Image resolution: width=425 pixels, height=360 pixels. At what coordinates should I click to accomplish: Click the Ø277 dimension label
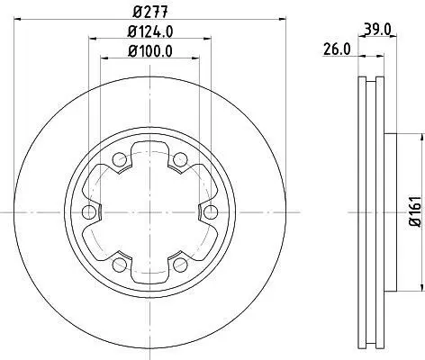tap(149, 12)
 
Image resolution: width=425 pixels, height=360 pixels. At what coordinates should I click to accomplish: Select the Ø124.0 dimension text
tap(150, 31)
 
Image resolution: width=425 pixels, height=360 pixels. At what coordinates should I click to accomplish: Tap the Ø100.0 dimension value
tap(150, 51)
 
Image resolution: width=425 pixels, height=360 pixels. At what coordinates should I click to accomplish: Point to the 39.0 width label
tap(377, 30)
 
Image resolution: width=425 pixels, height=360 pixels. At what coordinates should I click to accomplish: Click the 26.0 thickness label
tap(337, 49)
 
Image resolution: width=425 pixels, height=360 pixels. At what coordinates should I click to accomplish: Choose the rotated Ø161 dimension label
tap(416, 211)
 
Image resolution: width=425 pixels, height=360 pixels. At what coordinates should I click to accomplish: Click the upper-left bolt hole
tap(120, 159)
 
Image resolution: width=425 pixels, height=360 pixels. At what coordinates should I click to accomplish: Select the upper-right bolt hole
tap(180, 159)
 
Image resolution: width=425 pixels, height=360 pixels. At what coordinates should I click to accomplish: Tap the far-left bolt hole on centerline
tap(89, 212)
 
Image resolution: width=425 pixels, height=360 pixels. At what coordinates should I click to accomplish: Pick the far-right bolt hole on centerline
tap(211, 212)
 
